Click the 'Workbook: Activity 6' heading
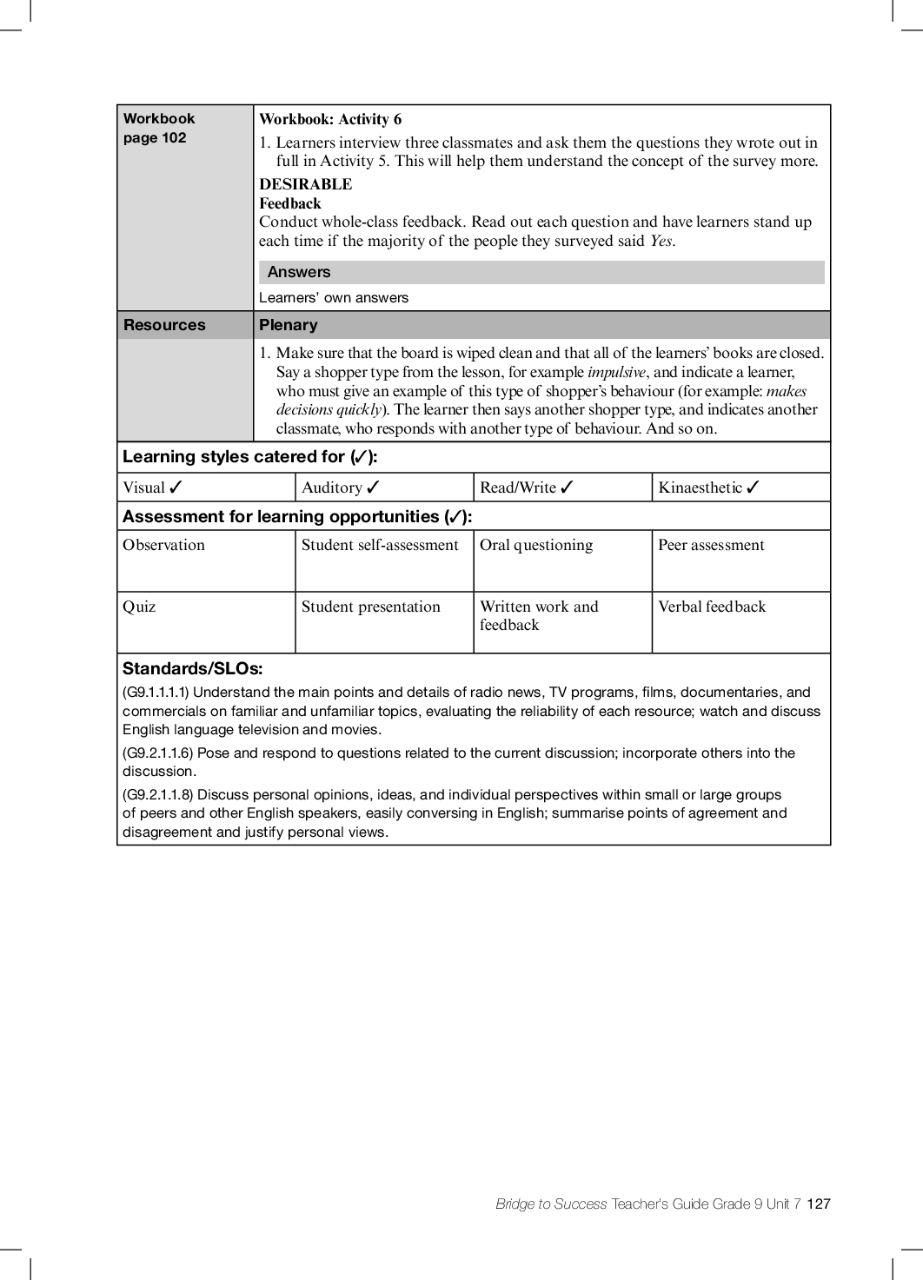(330, 120)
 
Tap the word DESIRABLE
(305, 184)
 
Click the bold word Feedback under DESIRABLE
(290, 203)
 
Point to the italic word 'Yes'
(661, 242)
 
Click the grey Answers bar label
(299, 272)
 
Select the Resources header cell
(164, 325)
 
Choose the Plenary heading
(289, 325)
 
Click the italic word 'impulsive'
(616, 372)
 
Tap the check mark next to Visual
(176, 487)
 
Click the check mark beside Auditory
(374, 487)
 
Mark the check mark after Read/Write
(568, 487)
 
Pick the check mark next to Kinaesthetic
(753, 487)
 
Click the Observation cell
(164, 546)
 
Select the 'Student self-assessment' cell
(380, 546)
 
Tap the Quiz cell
(139, 607)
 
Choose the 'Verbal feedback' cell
(712, 607)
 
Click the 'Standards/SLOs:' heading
(192, 669)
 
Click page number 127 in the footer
(819, 1204)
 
